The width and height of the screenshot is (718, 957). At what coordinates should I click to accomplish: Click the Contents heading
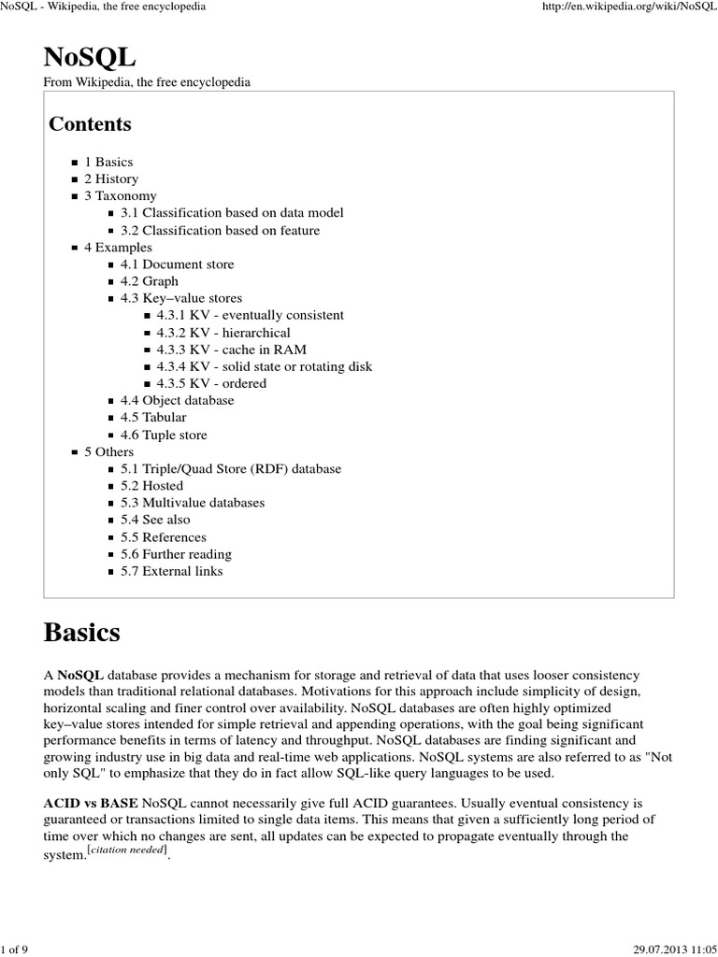tap(90, 124)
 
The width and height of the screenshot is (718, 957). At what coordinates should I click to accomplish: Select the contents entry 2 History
tap(110, 179)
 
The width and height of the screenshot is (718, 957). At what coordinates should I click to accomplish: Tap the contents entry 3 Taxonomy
tap(120, 195)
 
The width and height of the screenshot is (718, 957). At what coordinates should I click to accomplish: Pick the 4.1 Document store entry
tap(177, 264)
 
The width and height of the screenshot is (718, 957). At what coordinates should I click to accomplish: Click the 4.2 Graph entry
tap(149, 281)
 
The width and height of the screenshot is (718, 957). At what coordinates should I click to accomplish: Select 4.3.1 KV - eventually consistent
tap(250, 315)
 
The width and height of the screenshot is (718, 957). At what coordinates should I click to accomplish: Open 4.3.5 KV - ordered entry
tap(211, 383)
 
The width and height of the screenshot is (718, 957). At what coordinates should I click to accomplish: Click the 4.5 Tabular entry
tap(153, 417)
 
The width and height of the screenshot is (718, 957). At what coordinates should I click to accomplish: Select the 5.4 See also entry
tap(154, 520)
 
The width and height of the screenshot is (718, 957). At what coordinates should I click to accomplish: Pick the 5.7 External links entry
tap(171, 571)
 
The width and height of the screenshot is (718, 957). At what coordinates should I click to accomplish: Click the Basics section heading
tap(82, 633)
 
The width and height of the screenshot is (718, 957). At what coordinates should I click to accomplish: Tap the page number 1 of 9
tap(16, 950)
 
